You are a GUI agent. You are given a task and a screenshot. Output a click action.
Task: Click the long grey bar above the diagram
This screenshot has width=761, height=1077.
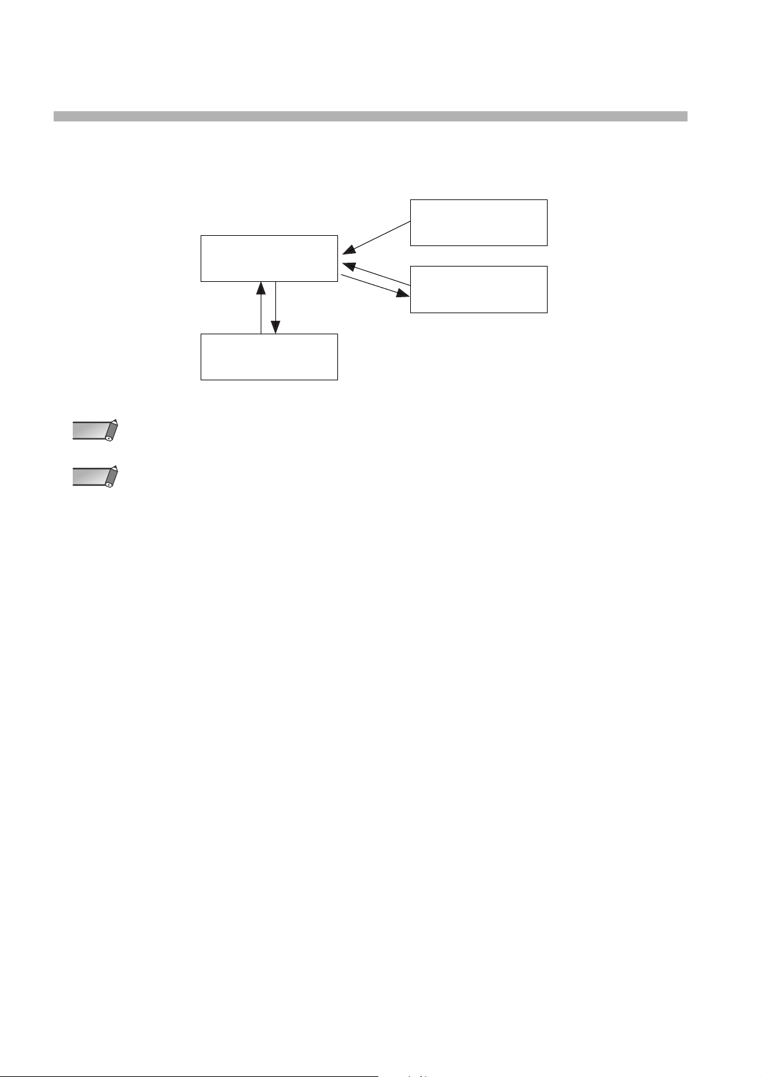coord(370,116)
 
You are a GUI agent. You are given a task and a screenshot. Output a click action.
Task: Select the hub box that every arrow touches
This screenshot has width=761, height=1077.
coord(269,258)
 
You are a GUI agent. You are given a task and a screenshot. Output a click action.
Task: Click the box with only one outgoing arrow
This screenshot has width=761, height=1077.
coord(479,222)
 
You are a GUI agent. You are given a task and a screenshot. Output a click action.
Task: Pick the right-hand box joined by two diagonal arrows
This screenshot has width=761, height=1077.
coord(479,290)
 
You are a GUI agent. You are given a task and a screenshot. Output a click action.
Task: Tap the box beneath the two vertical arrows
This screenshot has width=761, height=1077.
coord(269,357)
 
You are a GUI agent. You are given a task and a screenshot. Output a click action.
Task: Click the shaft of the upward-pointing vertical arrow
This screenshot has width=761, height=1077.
coord(261,313)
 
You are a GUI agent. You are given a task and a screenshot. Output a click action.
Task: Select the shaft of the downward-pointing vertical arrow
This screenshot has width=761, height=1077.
coord(275,304)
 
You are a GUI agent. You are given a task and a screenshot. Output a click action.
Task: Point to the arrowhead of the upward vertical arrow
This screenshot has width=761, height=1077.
coord(261,287)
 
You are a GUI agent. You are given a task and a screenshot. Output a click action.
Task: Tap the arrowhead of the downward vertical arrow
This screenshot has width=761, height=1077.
coord(275,327)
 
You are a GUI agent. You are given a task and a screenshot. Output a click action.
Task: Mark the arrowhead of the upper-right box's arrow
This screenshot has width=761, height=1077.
coord(348,250)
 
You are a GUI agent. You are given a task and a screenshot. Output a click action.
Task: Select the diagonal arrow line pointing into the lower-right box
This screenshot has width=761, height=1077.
coord(371,284)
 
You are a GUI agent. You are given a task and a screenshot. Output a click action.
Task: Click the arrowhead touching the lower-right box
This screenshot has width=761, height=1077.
coord(403,294)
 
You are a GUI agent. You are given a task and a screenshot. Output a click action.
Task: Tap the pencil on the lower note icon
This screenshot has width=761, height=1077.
coord(112,476)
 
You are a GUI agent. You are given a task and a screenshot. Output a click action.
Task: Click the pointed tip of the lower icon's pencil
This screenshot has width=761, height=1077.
coord(116,467)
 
